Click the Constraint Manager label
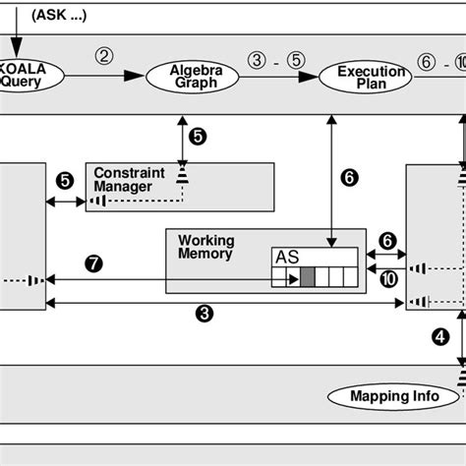pos(124,179)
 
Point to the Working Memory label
pos(205,246)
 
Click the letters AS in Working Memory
pos(286,257)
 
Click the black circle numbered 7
pos(94,263)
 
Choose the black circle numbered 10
pos(388,278)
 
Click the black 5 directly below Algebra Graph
pos(198,137)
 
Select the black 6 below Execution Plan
pos(348,178)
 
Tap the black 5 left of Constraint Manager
pos(65,181)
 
